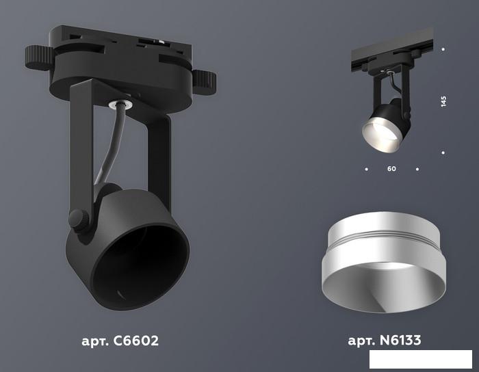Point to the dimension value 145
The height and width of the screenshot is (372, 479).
(x=443, y=101)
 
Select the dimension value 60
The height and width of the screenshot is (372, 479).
(x=391, y=168)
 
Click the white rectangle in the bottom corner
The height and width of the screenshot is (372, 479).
(x=421, y=359)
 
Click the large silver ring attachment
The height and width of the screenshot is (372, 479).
(x=383, y=262)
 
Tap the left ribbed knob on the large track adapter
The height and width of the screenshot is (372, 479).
(x=39, y=57)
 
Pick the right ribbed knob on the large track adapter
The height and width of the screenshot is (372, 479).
(x=205, y=82)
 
